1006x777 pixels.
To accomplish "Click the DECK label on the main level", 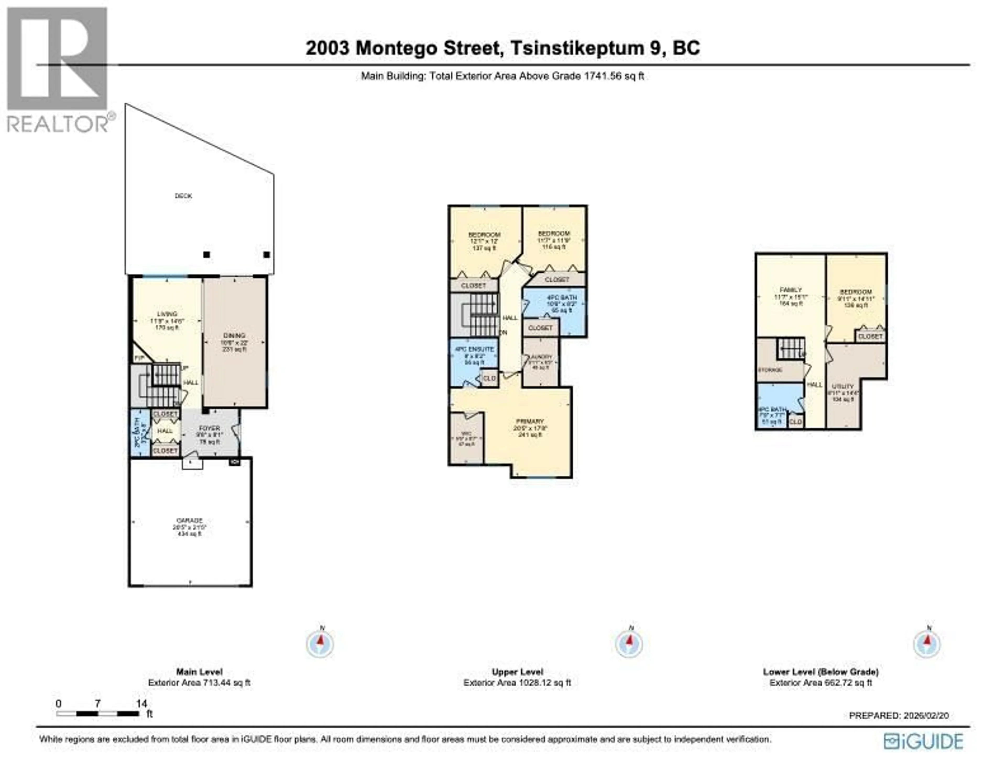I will click(x=183, y=196).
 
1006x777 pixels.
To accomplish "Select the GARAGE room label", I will click(x=190, y=520).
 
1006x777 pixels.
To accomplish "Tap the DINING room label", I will click(x=234, y=335).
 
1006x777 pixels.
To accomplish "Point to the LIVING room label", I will click(x=167, y=314).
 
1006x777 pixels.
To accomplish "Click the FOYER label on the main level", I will click(x=210, y=428).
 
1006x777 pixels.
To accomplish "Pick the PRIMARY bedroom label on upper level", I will click(x=530, y=421).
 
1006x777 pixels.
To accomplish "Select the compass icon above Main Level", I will click(x=320, y=643).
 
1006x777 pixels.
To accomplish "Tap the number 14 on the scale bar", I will click(x=141, y=703).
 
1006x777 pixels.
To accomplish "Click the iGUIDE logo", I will click(x=923, y=741).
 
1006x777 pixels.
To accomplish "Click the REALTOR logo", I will click(x=58, y=69).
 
